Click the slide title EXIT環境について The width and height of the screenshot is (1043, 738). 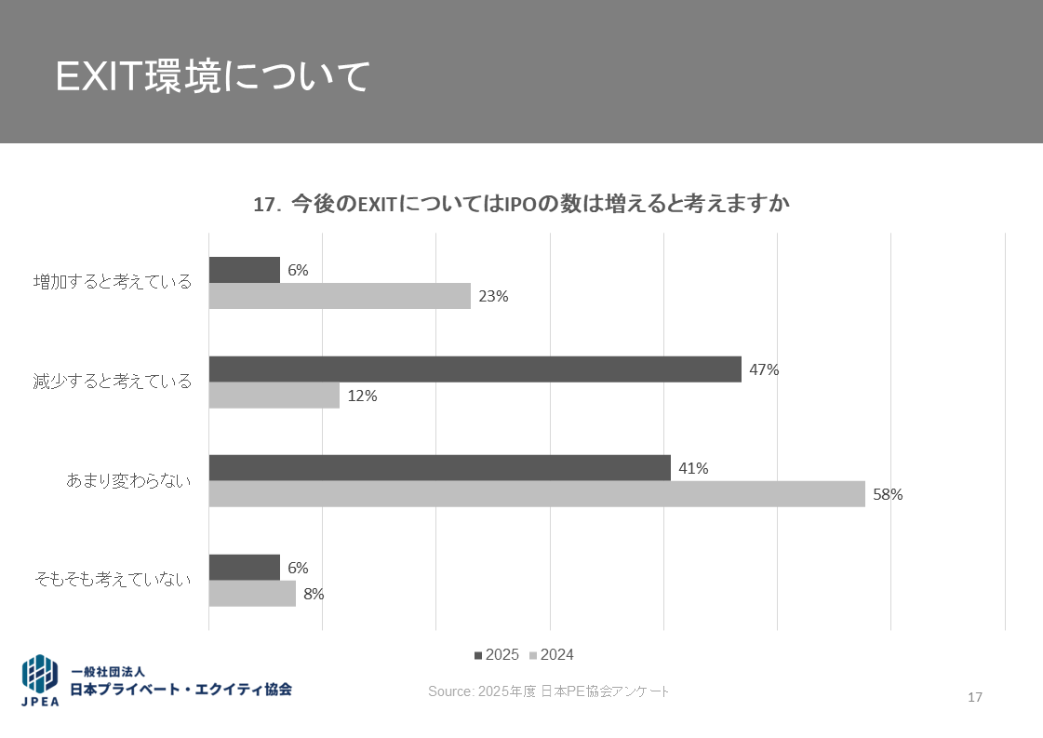click(213, 77)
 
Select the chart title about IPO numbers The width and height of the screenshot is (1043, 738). click(521, 204)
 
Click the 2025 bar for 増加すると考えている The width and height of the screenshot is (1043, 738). click(244, 270)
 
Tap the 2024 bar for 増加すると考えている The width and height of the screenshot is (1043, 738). click(340, 296)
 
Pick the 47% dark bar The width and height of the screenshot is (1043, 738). click(475, 369)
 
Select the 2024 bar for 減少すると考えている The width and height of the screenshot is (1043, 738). click(274, 396)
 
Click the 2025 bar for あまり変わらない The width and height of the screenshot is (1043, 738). click(439, 468)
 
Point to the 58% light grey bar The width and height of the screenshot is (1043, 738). click(537, 494)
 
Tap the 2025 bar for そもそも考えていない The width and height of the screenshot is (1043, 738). click(244, 568)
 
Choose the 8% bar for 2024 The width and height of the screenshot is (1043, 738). click(252, 594)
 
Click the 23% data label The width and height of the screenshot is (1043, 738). click(493, 297)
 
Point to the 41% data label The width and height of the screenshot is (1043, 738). click(693, 469)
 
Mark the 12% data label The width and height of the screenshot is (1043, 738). click(362, 396)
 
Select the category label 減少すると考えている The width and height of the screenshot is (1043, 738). click(112, 381)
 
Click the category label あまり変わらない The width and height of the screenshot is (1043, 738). click(128, 480)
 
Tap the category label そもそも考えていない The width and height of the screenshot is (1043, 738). click(113, 579)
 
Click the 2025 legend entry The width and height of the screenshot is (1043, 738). click(497, 655)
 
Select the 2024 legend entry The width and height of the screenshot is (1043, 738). click(552, 655)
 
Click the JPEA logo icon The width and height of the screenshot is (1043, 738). click(40, 680)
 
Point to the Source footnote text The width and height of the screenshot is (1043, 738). click(548, 691)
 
